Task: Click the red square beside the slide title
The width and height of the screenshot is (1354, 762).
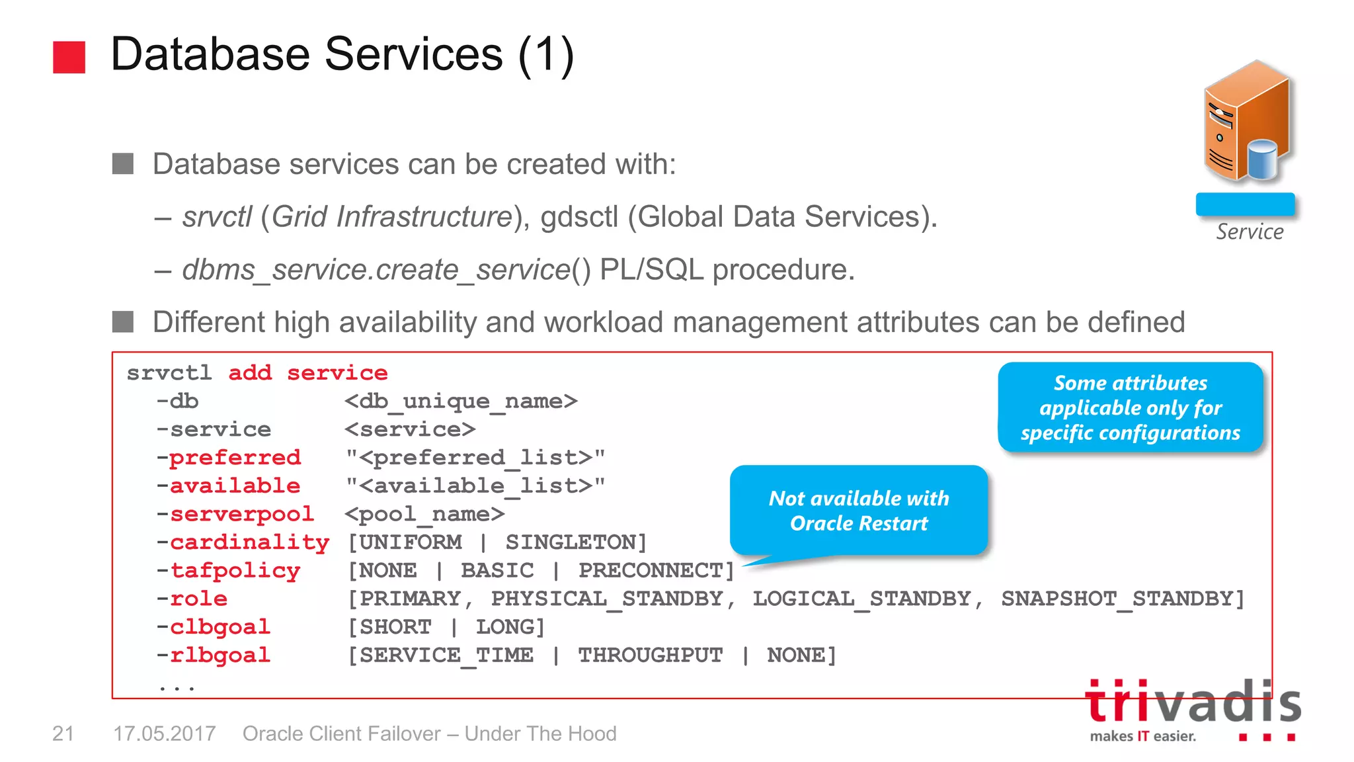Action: tap(69, 57)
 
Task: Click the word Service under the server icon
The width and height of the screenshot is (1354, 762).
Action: tap(1250, 232)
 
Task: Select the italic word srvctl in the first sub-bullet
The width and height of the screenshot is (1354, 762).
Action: tap(217, 217)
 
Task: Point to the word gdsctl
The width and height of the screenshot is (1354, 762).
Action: tap(578, 217)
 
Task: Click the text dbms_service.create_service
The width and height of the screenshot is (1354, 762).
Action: tap(376, 270)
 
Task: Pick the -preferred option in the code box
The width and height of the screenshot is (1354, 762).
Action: tap(229, 457)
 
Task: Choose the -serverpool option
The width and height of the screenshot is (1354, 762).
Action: tap(235, 514)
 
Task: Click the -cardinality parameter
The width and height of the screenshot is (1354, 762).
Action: tap(243, 542)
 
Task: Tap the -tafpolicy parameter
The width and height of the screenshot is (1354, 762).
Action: tap(229, 570)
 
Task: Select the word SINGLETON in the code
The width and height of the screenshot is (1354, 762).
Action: tap(576, 542)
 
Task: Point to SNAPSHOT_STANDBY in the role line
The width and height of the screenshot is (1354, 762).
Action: tap(1122, 599)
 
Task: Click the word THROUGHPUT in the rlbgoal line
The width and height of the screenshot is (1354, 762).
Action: tap(651, 655)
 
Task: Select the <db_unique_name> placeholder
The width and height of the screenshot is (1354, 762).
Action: tap(461, 401)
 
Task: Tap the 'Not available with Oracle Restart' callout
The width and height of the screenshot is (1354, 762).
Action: tap(858, 511)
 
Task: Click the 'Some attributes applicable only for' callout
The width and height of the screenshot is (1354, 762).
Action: tap(1130, 407)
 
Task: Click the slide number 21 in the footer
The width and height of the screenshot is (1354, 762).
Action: tap(63, 734)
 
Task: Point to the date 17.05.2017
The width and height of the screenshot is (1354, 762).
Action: tap(165, 734)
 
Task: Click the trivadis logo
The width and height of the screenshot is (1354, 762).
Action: tap(1193, 708)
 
